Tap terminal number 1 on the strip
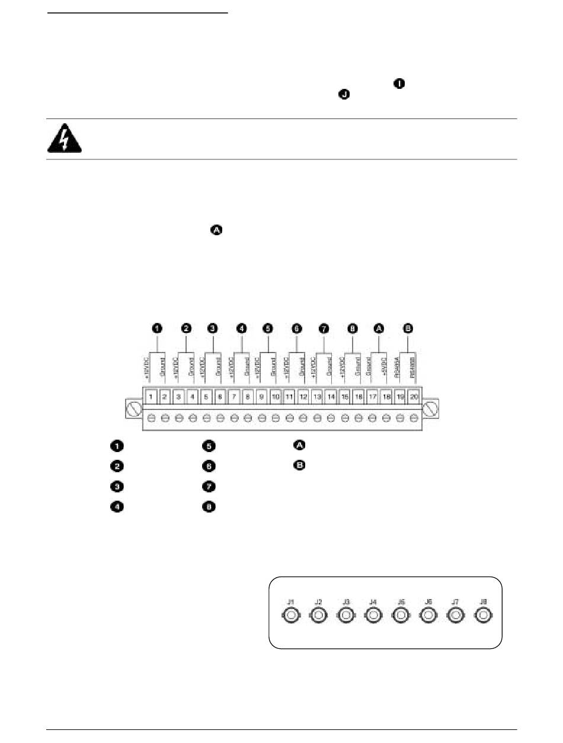(x=152, y=396)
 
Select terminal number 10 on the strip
(x=276, y=396)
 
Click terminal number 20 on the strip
(x=414, y=396)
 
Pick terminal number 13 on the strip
(x=317, y=396)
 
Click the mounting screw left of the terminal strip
(x=134, y=409)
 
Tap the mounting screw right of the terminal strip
(x=431, y=409)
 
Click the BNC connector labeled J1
(x=290, y=617)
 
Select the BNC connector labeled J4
(x=373, y=617)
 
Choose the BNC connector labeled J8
(x=484, y=617)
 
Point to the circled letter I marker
(x=400, y=85)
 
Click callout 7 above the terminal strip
(x=323, y=328)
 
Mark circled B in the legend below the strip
(x=300, y=466)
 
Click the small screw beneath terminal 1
(x=152, y=417)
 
